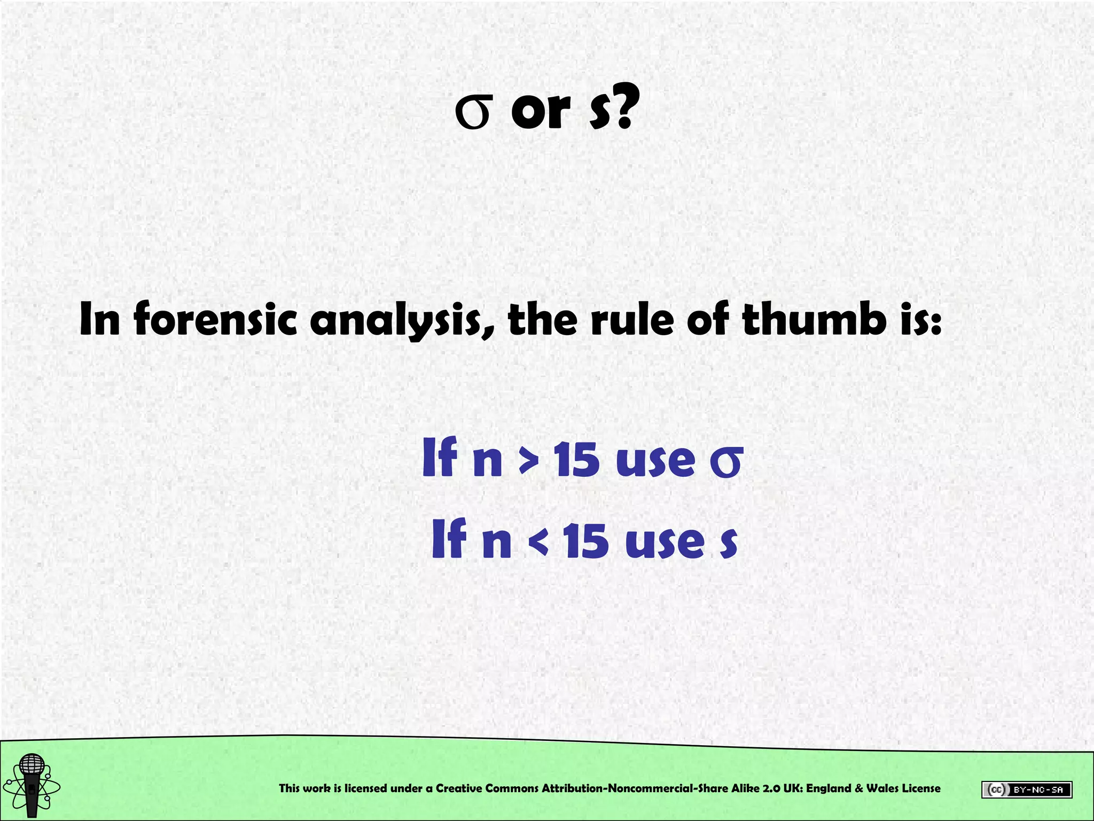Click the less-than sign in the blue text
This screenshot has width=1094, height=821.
[x=537, y=542]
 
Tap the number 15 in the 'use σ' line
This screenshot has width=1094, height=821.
[x=577, y=460]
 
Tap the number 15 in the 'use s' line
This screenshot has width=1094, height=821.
[x=586, y=541]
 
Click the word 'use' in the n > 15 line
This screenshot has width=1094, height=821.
[x=655, y=461]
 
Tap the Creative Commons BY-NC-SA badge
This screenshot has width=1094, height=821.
[x=1026, y=789]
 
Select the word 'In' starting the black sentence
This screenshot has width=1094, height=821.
[x=100, y=319]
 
